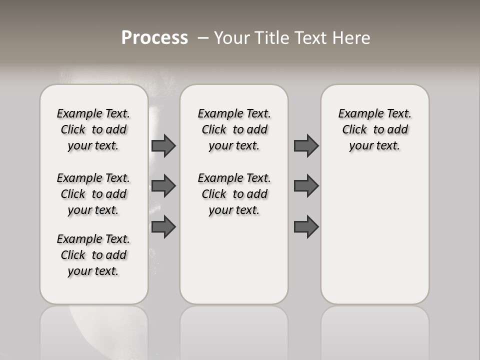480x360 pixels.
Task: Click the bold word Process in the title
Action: (x=154, y=38)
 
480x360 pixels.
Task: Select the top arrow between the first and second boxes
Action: (x=163, y=146)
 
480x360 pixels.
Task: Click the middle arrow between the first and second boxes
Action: (x=163, y=186)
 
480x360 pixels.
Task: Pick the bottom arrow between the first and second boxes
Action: (x=163, y=227)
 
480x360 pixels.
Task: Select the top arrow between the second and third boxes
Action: (x=306, y=146)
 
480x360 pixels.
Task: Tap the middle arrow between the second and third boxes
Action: (x=306, y=186)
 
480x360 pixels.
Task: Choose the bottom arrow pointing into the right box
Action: (x=306, y=227)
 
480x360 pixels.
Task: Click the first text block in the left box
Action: (x=93, y=129)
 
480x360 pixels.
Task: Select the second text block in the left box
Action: (x=93, y=194)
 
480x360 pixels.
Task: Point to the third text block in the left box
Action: (x=93, y=255)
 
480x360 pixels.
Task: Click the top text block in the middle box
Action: (x=234, y=129)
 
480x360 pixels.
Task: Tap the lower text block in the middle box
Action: (x=234, y=194)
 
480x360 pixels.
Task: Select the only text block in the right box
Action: (x=374, y=129)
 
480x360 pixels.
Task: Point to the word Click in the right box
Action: (x=354, y=130)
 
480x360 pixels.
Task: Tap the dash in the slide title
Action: (x=203, y=38)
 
